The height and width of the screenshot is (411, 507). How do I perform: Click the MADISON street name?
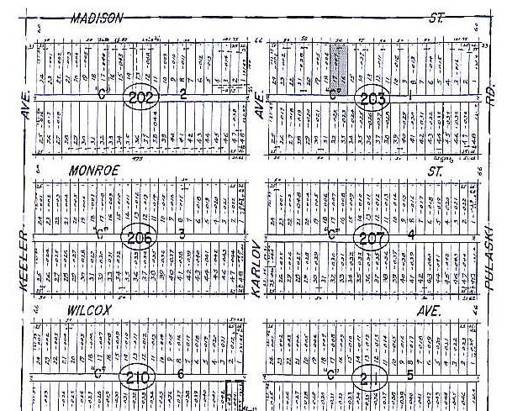tap(98, 18)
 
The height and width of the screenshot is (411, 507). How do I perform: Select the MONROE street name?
tap(94, 170)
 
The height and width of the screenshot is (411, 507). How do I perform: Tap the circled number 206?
tap(140, 238)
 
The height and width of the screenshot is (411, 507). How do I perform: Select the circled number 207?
tap(371, 238)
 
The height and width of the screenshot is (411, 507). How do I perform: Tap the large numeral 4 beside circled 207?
tap(411, 236)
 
